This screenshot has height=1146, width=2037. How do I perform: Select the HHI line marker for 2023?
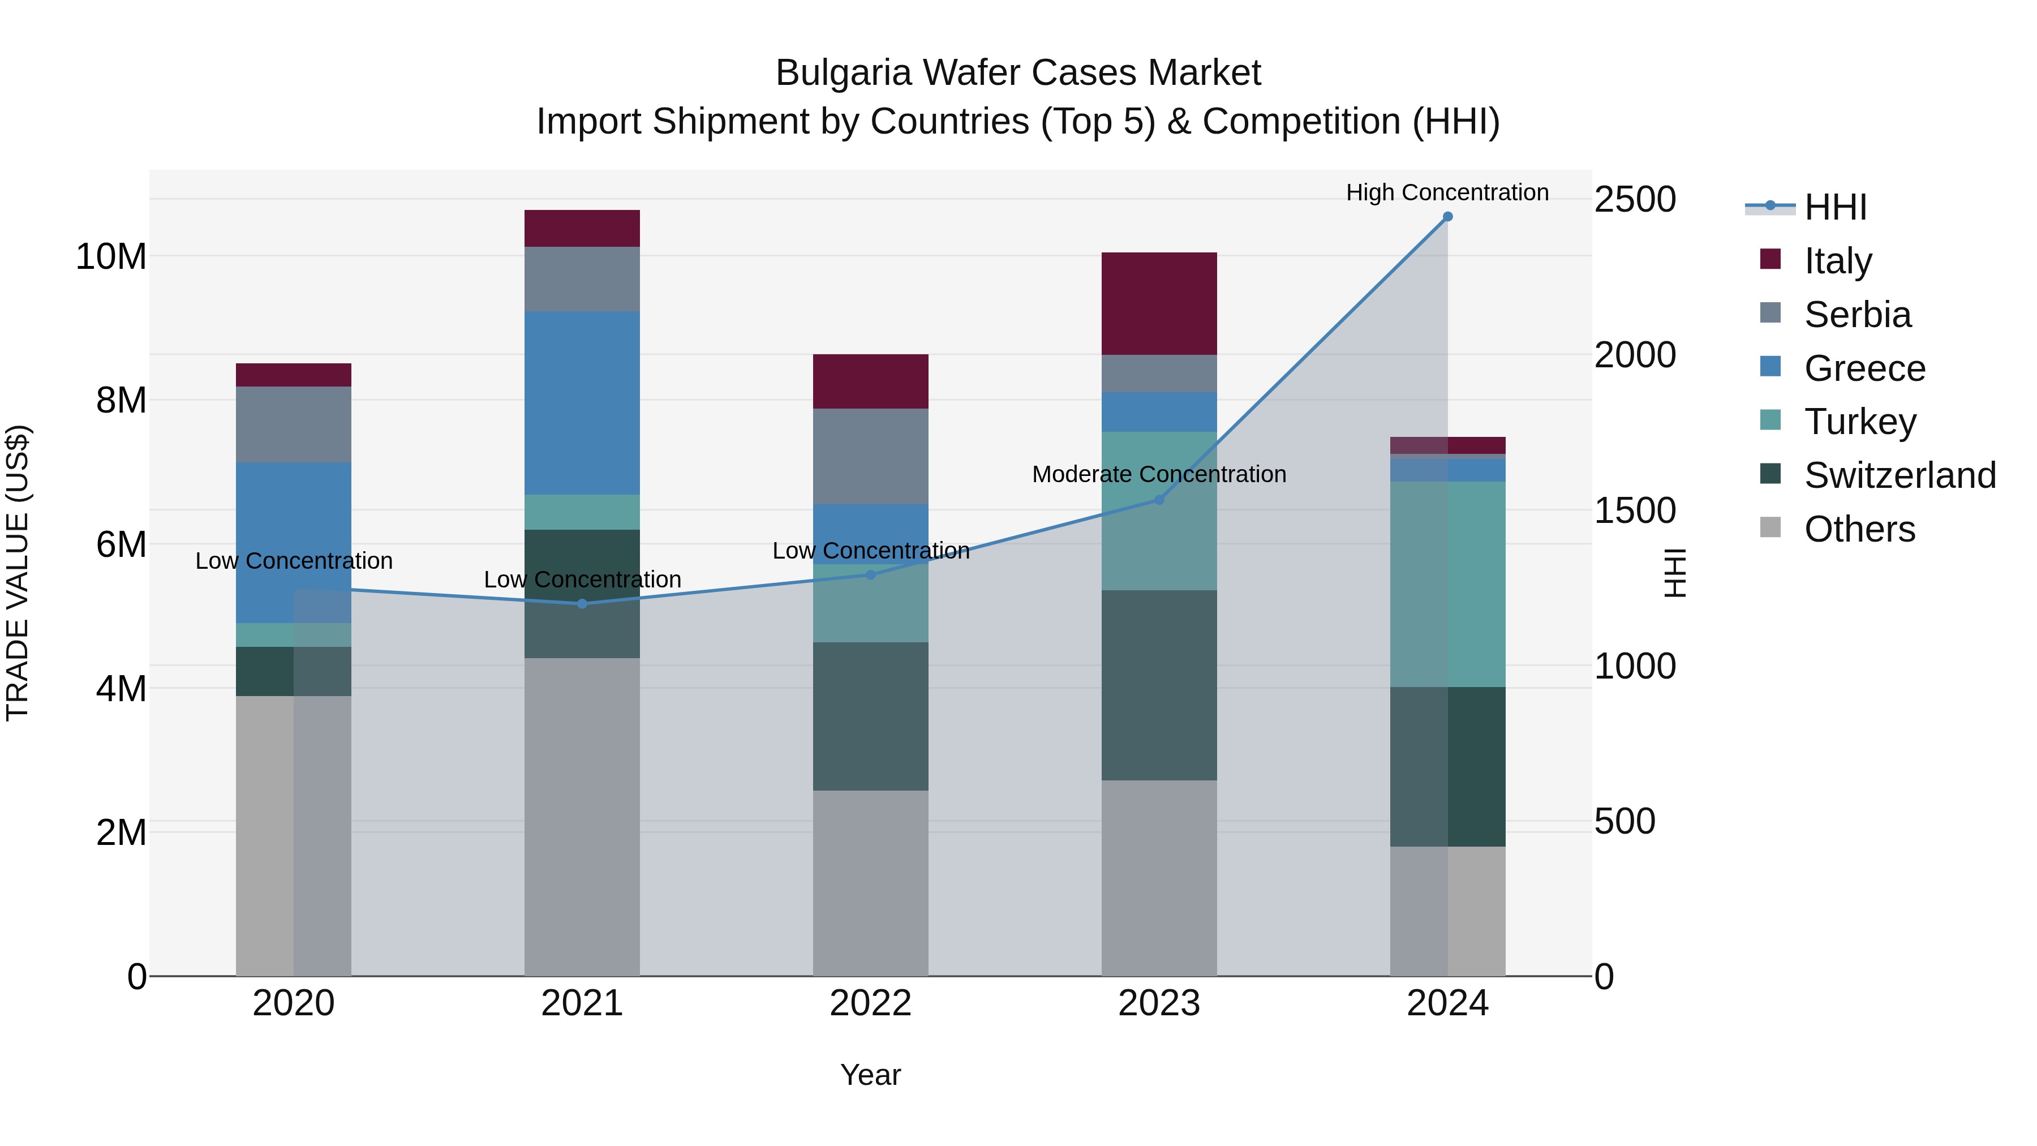[1159, 500]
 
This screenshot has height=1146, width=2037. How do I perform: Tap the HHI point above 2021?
[582, 603]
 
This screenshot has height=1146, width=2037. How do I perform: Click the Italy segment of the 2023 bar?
[1159, 304]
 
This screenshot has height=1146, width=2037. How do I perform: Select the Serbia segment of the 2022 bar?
[871, 456]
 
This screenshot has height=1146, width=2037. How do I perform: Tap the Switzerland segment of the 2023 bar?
[1159, 685]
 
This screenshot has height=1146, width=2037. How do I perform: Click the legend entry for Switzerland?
[1900, 475]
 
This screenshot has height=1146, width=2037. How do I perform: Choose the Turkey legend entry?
[1860, 422]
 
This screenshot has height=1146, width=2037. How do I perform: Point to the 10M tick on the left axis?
[111, 256]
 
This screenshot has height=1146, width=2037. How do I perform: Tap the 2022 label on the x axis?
[871, 1003]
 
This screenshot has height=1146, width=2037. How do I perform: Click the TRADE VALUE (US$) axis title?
[18, 573]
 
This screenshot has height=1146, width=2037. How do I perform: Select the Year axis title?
[871, 1075]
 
